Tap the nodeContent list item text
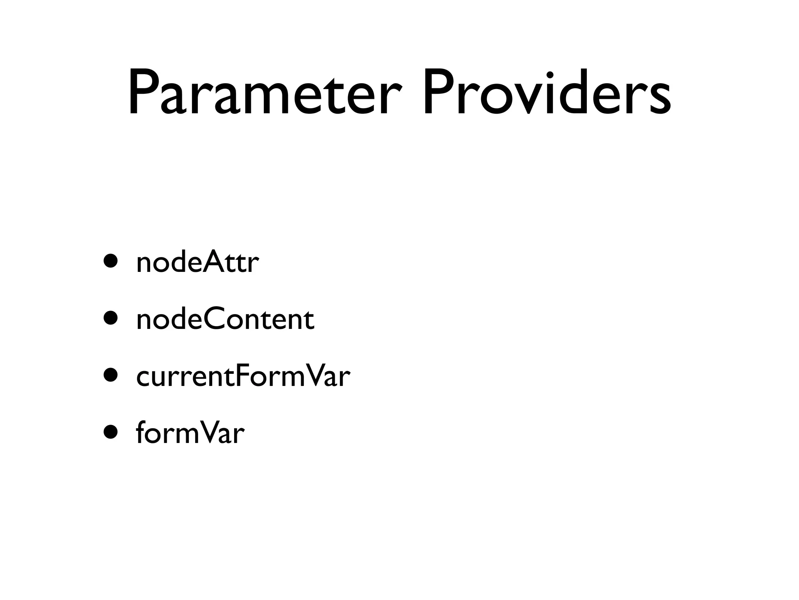[x=225, y=320]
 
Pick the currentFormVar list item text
[x=243, y=377]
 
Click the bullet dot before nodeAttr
[x=110, y=261]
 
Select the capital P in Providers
[x=439, y=93]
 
